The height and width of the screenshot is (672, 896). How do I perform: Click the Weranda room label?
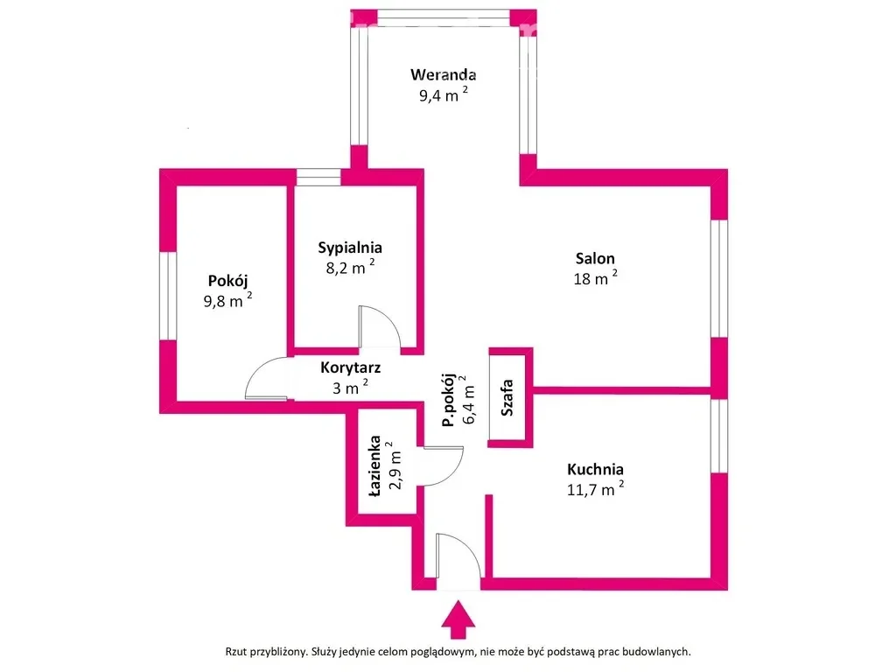click(443, 74)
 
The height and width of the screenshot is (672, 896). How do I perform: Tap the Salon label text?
click(595, 258)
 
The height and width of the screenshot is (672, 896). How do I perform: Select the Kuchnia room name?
click(595, 469)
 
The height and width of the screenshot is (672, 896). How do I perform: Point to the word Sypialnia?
click(350, 248)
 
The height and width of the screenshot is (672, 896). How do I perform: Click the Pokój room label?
click(227, 281)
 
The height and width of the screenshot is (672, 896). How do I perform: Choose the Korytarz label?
click(350, 367)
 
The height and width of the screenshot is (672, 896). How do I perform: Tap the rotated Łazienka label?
click(374, 465)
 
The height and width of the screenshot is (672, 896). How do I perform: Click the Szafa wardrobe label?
click(507, 397)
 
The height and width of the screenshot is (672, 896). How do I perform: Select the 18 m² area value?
click(595, 277)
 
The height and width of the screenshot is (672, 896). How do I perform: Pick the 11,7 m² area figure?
click(595, 488)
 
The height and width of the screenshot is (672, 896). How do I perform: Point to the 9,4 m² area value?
click(443, 94)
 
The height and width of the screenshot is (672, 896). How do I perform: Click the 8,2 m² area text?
click(350, 267)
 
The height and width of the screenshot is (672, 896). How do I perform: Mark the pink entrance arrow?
click(458, 619)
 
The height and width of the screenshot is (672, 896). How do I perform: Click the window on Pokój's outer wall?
click(168, 296)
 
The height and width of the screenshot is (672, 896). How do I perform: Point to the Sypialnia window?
click(318, 177)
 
